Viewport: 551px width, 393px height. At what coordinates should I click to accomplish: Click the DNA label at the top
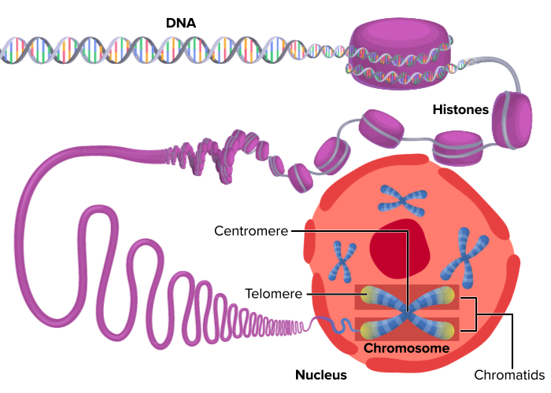[180, 23]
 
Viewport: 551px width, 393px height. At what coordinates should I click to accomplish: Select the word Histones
[460, 109]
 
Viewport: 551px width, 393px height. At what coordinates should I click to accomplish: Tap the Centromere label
[250, 231]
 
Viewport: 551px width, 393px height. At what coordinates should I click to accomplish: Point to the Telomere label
[272, 293]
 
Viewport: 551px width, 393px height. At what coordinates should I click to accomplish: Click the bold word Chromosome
[406, 347]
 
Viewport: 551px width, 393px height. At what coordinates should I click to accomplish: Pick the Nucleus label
[320, 375]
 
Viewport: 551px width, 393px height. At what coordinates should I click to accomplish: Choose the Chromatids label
[510, 375]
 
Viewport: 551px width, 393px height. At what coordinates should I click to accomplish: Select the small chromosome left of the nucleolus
[342, 261]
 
